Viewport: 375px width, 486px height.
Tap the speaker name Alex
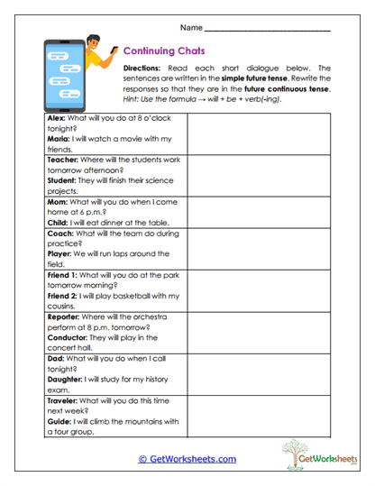point(56,119)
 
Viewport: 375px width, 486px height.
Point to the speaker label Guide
point(59,420)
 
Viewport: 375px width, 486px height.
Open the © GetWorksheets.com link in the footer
point(187,459)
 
